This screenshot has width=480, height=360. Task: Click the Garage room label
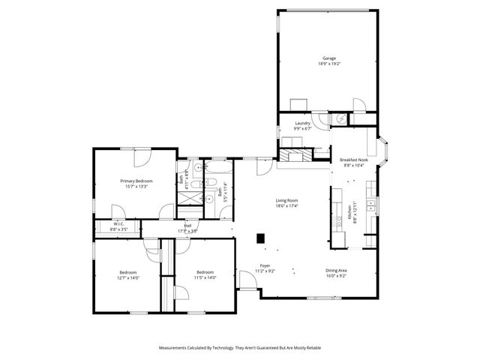coord(328,58)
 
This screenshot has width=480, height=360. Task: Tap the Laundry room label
coord(302,123)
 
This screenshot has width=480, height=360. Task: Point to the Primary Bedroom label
coord(137,181)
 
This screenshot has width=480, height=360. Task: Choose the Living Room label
coord(287,200)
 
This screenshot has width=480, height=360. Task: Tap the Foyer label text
coord(265,265)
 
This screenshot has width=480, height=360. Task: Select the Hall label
coord(187,224)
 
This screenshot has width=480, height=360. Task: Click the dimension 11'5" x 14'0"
coord(205,277)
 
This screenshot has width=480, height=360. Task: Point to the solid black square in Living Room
coord(260,238)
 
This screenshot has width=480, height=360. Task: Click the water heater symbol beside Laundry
coord(341,118)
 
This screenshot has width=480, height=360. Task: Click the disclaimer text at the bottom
coord(240,348)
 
